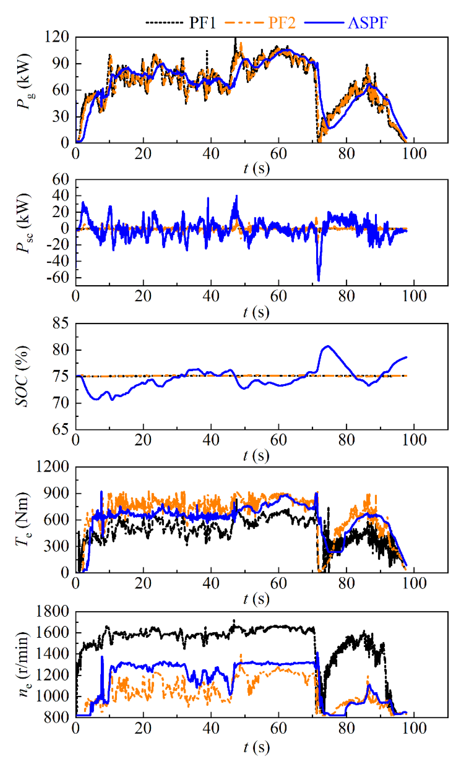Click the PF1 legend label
point(202,23)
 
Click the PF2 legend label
point(282,23)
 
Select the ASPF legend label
point(368,23)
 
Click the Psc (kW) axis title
point(24,223)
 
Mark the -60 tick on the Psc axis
point(58,278)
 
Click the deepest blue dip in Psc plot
point(319,280)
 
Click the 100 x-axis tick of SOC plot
point(414,440)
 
